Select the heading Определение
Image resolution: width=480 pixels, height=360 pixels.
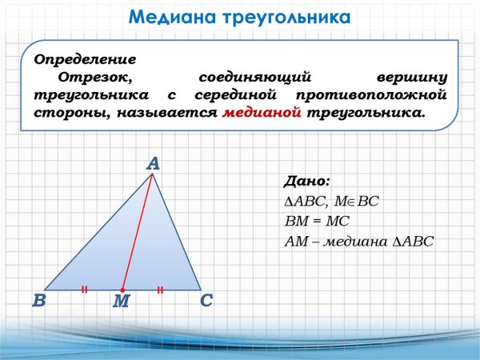[84, 60]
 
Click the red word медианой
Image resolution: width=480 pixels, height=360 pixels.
[262, 113]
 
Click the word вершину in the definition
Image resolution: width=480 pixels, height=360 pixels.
[410, 78]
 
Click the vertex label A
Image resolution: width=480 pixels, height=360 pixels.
[153, 163]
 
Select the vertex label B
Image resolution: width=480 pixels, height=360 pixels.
[38, 302]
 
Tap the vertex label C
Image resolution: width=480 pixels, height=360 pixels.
[206, 302]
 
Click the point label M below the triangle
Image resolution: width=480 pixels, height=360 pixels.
[121, 302]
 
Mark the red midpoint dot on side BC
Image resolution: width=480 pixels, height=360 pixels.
[122, 290]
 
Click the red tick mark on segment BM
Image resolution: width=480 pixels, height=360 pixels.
[84, 290]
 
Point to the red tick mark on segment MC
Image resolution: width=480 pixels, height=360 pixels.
[160, 290]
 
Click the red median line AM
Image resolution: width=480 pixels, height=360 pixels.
[137, 232]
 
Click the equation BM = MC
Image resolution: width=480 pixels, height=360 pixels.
[318, 221]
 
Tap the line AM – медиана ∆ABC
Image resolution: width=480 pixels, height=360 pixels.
[358, 241]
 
